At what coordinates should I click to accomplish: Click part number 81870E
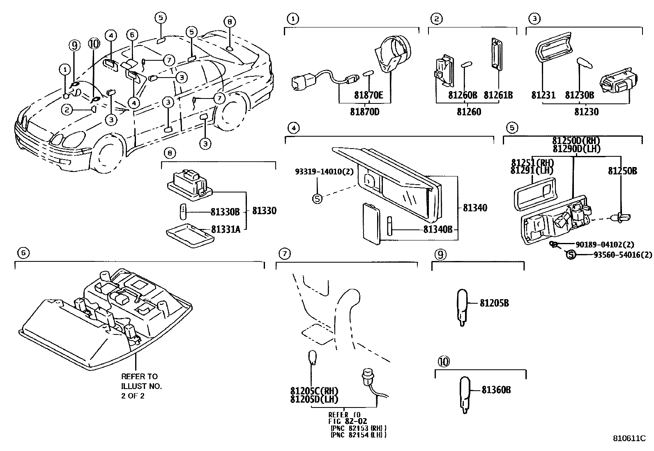tap(368, 95)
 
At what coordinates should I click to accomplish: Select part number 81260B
tap(462, 95)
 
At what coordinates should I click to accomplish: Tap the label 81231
tap(543, 95)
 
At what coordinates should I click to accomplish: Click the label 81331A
tap(226, 229)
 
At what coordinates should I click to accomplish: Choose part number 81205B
tap(494, 303)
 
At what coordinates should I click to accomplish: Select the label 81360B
tap(496, 390)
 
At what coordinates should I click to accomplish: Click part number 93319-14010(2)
tap(324, 172)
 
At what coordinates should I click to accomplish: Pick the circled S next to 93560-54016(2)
tap(570, 255)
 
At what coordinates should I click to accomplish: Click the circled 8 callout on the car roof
tap(230, 22)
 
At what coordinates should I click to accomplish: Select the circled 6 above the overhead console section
tap(23, 253)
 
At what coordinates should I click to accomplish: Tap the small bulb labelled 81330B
tap(183, 212)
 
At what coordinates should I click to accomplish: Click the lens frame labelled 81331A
tap(189, 235)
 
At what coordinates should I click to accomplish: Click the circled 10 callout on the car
tap(94, 44)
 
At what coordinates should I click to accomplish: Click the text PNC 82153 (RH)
tap(358, 428)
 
